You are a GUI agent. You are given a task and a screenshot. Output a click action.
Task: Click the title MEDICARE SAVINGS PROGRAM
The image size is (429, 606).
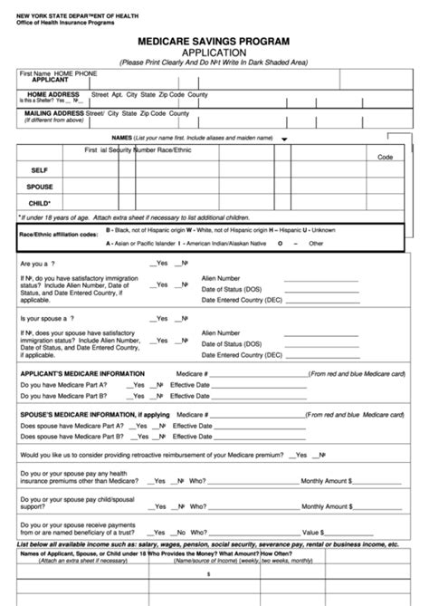point(214,42)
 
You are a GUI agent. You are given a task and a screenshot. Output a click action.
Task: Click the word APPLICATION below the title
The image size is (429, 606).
point(214,53)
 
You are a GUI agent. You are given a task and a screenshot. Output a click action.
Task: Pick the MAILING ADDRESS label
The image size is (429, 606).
point(56,113)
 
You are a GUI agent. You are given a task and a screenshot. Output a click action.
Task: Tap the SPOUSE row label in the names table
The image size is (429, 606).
point(40,187)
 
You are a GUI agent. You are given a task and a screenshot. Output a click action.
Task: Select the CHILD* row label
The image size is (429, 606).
point(40,204)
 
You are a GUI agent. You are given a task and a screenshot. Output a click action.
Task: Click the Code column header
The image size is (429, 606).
point(385,157)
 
